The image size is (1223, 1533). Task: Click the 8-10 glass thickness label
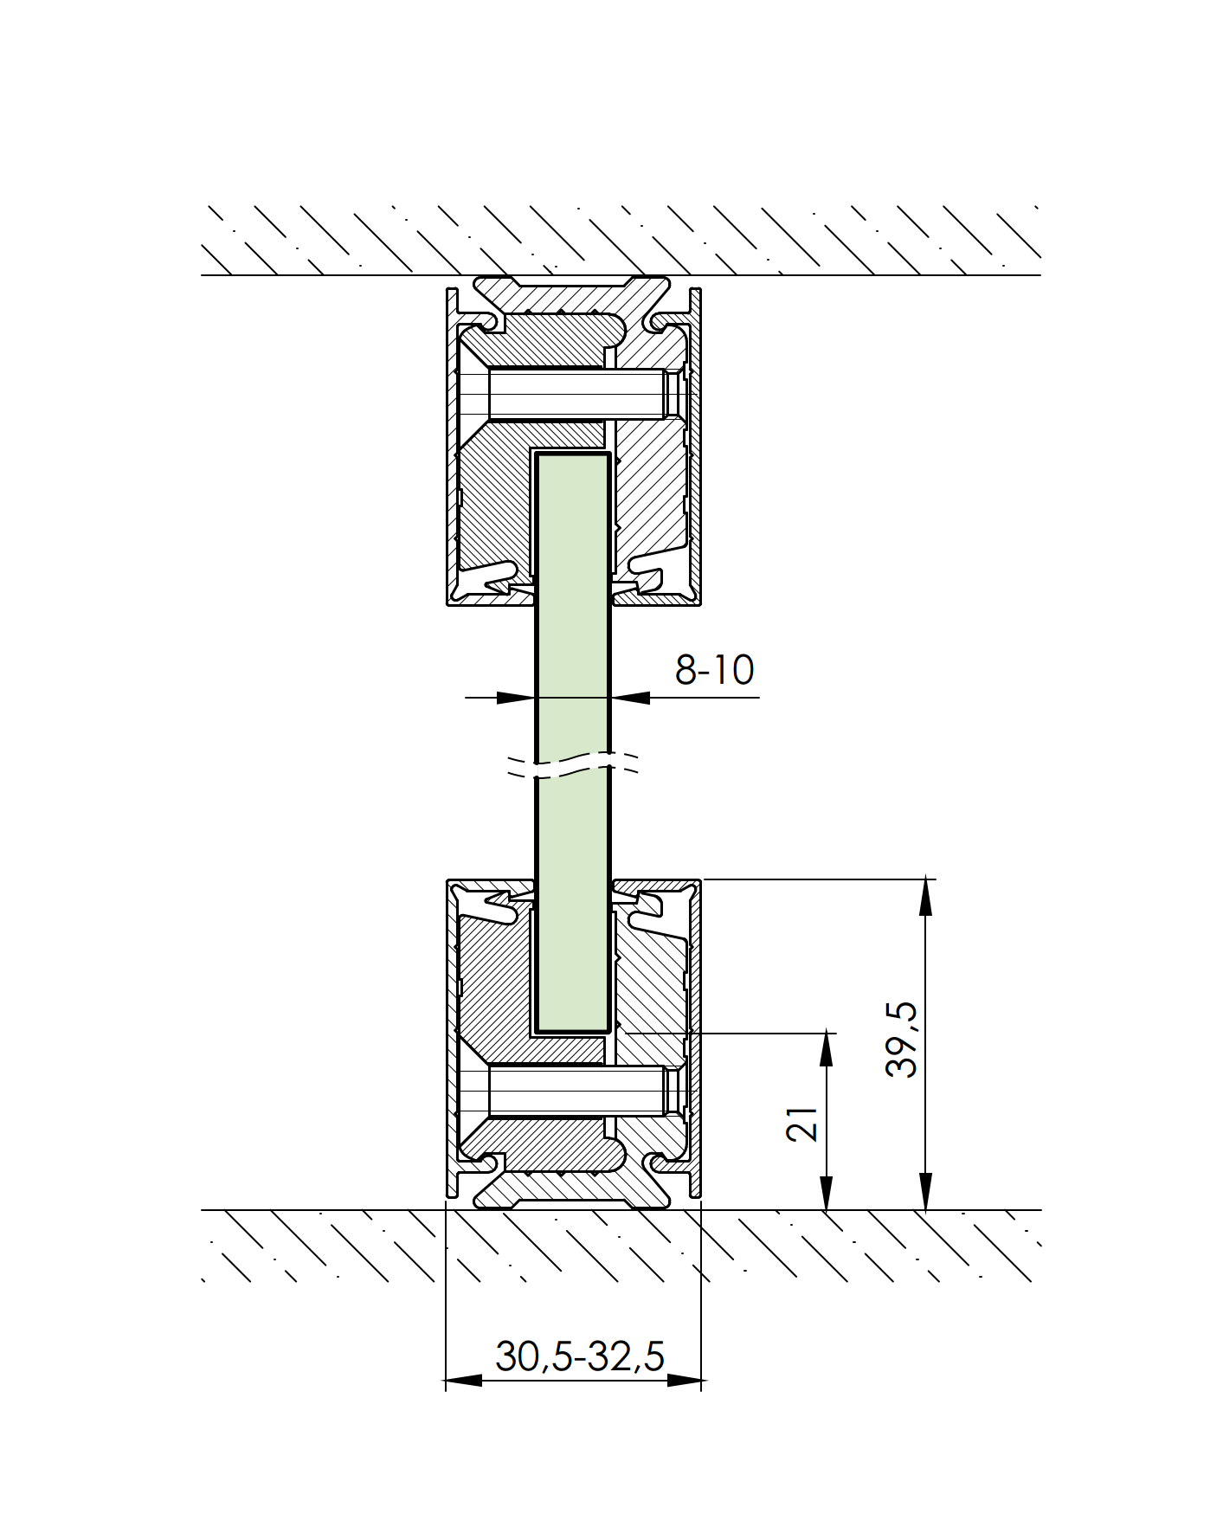pyautogui.click(x=714, y=670)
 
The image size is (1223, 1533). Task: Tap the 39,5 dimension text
pyautogui.click(x=902, y=1039)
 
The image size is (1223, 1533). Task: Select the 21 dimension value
pyautogui.click(x=803, y=1123)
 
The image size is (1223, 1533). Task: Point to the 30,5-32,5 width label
pyautogui.click(x=579, y=1356)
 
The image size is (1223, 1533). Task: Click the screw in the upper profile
pyautogui.click(x=577, y=394)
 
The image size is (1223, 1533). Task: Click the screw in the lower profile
pyautogui.click(x=577, y=1091)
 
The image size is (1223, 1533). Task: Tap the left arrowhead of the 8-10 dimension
pyautogui.click(x=516, y=697)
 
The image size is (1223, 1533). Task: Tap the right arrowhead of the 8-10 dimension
pyautogui.click(x=631, y=697)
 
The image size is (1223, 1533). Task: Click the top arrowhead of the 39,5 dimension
pyautogui.click(x=925, y=896)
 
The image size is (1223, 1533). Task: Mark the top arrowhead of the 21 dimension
pyautogui.click(x=827, y=1049)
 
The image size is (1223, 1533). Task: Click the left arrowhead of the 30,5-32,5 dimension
pyautogui.click(x=463, y=1380)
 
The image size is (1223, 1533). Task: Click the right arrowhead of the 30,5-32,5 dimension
pyautogui.click(x=684, y=1380)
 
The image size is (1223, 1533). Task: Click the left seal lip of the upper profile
pyautogui.click(x=493, y=578)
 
